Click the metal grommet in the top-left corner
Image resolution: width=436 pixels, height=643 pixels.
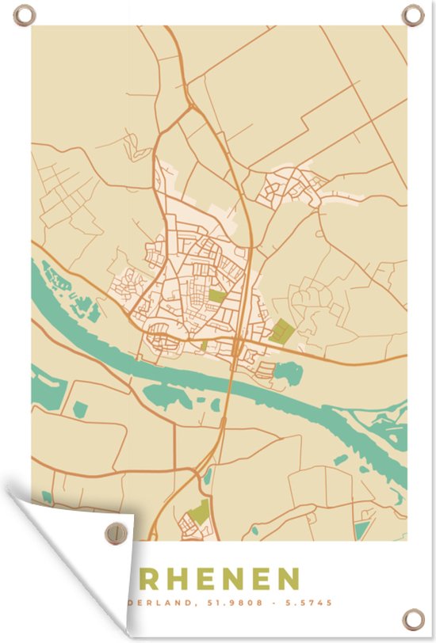24,14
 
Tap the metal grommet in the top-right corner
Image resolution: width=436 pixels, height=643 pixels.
412,14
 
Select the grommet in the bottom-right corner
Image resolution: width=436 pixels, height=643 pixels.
412,618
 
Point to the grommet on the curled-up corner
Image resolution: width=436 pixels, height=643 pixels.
116,532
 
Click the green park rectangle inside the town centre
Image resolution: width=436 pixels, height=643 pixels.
216,296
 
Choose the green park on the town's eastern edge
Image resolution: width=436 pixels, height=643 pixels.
281,330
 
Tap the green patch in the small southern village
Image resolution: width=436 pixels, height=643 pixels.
199,511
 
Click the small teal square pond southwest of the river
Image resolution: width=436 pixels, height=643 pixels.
80,409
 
